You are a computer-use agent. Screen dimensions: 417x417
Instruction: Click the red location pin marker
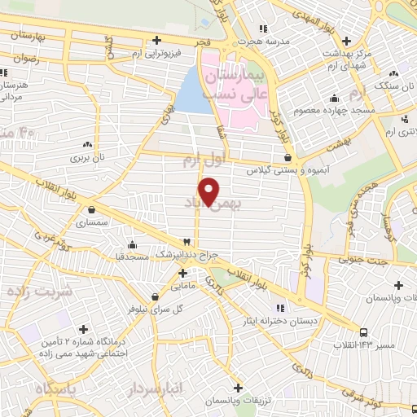click(x=210, y=190)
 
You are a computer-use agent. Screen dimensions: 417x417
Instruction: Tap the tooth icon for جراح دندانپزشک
click(x=188, y=242)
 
